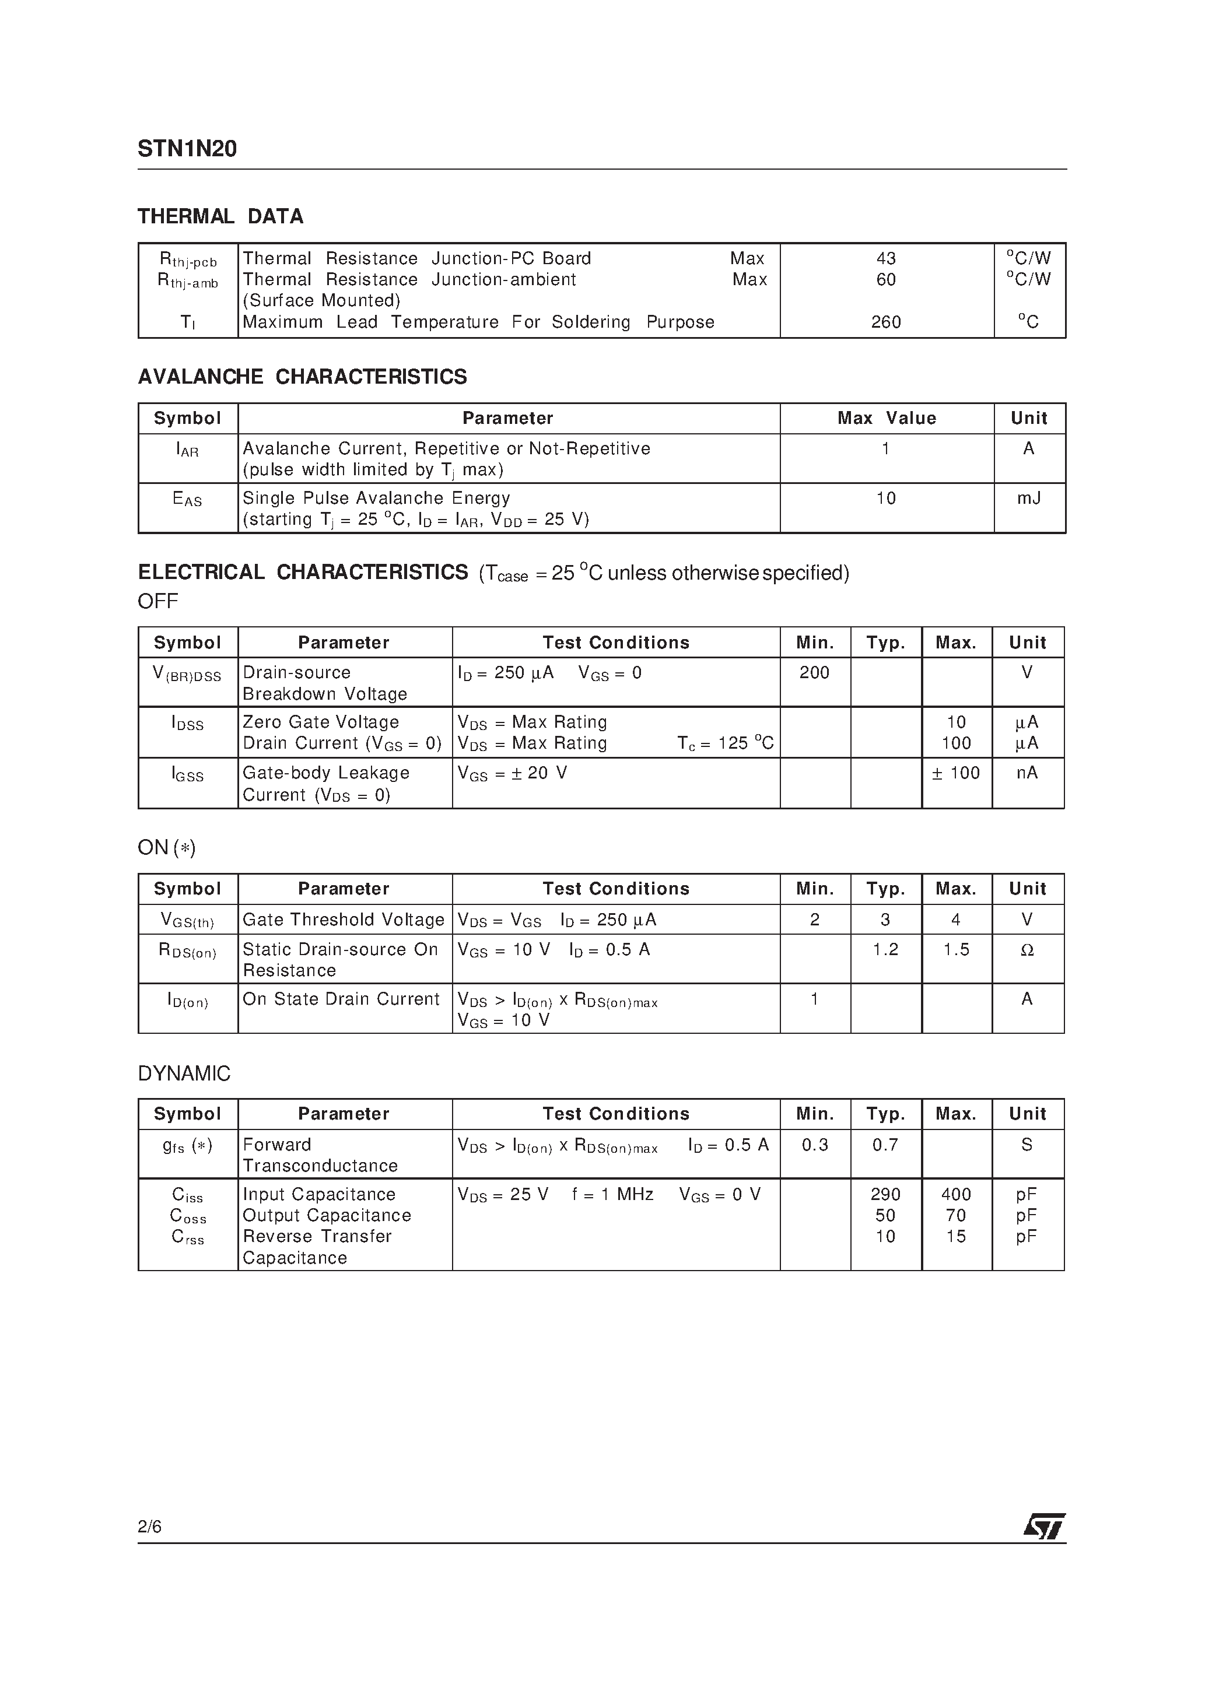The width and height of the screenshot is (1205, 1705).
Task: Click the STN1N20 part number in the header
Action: click(x=187, y=149)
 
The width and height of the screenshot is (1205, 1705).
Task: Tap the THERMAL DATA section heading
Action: click(x=220, y=217)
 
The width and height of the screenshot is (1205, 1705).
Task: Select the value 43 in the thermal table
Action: click(x=885, y=258)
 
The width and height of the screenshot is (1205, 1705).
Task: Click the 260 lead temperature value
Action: click(x=885, y=322)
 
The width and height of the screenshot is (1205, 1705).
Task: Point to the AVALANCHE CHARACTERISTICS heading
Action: click(x=302, y=377)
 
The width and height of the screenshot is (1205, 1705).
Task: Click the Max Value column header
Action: click(x=887, y=418)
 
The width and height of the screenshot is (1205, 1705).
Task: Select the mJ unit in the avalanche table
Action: click(x=1028, y=499)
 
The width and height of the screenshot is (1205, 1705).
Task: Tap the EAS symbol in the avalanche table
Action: click(x=187, y=500)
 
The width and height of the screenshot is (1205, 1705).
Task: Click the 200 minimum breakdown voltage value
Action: click(x=814, y=673)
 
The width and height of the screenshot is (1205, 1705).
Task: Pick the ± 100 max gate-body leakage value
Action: click(x=956, y=773)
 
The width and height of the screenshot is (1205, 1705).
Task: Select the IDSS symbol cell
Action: click(x=187, y=724)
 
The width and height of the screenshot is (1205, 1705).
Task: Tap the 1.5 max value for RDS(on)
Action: click(x=956, y=950)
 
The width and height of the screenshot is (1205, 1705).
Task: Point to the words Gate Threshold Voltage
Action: click(x=343, y=920)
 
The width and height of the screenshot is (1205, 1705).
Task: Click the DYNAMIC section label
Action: click(x=184, y=1074)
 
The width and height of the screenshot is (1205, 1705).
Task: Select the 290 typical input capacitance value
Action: click(x=885, y=1194)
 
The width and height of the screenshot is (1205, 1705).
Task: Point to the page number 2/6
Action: click(x=149, y=1527)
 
